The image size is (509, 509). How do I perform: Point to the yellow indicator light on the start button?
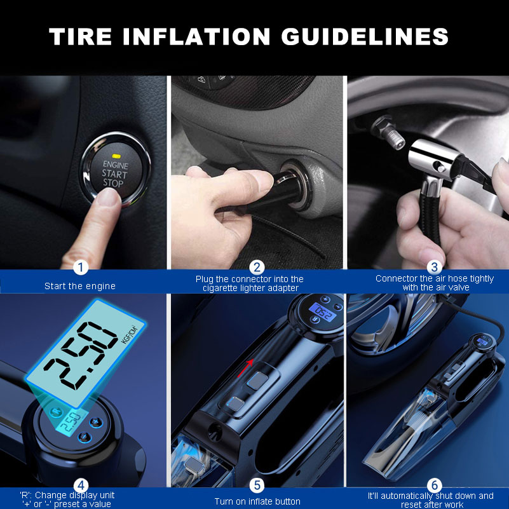(x=116, y=155)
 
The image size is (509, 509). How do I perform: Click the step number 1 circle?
(x=80, y=267)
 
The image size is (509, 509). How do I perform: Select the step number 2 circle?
(x=257, y=267)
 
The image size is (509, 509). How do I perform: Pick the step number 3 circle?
(x=435, y=267)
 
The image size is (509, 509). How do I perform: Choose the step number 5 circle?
(x=257, y=485)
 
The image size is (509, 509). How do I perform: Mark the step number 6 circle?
(x=435, y=485)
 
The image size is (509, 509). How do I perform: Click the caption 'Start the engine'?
(x=80, y=286)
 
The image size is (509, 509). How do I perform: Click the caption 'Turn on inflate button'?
(x=257, y=501)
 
